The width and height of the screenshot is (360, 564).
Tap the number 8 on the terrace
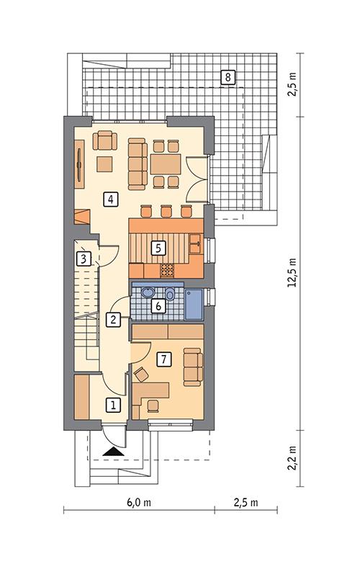coord(228,77)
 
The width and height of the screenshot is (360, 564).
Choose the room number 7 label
coord(164,358)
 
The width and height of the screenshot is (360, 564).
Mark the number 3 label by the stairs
coord(84,258)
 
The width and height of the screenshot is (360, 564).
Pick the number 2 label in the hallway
coord(113,320)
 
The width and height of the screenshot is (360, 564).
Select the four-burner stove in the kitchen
coord(167,270)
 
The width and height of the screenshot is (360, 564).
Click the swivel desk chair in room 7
coord(141,375)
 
